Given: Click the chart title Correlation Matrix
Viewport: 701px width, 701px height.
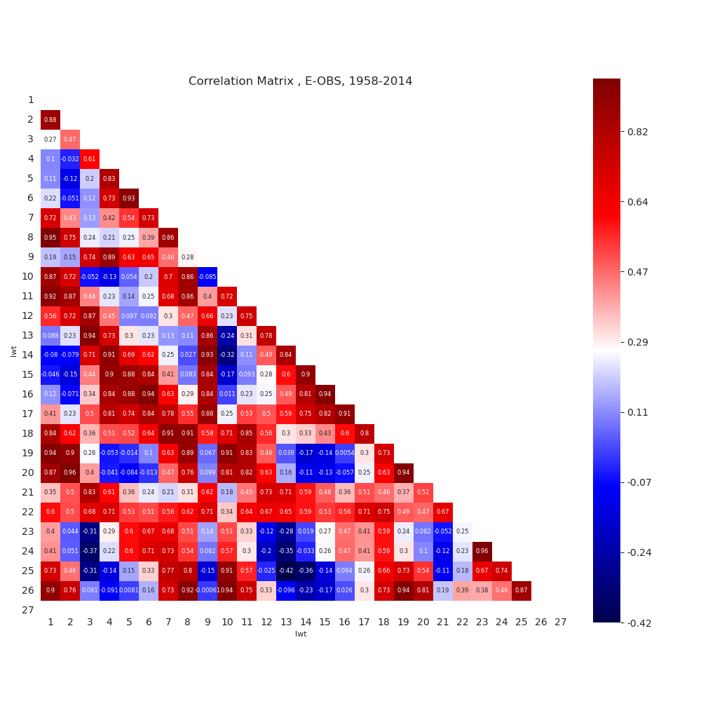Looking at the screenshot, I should (300, 81).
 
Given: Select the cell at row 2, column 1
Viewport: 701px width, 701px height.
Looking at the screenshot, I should (50, 120).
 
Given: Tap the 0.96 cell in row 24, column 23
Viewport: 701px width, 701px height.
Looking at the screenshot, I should (482, 552).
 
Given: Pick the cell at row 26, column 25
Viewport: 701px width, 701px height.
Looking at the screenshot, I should (522, 591).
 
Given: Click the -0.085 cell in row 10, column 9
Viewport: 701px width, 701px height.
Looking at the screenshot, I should (207, 277).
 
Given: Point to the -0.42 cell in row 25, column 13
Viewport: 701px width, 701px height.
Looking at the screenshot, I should (286, 571).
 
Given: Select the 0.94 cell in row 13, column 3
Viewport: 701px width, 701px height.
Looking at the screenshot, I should (90, 336).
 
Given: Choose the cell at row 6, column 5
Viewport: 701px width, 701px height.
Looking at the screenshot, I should (129, 198).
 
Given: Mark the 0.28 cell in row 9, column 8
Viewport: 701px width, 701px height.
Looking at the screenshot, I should (188, 257).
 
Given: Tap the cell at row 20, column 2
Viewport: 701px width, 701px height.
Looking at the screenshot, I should (70, 473).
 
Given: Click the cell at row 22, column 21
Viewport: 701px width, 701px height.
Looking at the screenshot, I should (443, 512).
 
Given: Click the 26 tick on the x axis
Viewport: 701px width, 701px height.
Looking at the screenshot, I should (541, 622).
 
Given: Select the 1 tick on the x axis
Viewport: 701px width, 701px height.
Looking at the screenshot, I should (50, 622).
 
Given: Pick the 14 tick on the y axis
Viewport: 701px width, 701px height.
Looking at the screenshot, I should (29, 355).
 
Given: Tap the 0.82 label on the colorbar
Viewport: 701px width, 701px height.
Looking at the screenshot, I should (638, 132).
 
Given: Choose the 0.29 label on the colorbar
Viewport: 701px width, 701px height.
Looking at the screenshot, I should (638, 342).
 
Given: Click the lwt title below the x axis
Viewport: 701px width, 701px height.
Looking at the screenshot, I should (300, 634).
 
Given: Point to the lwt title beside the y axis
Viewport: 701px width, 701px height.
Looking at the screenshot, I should (14, 350).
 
